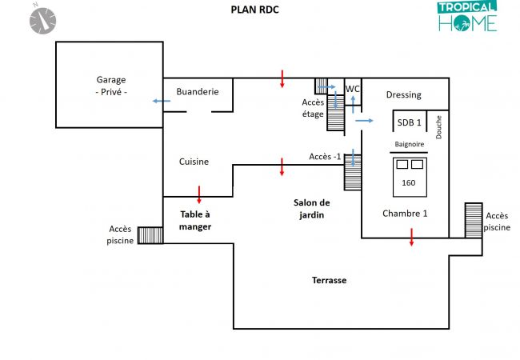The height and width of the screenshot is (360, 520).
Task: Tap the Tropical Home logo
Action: (x=467, y=17)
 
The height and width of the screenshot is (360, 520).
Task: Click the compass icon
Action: (x=42, y=19)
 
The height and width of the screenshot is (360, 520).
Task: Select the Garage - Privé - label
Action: (x=111, y=86)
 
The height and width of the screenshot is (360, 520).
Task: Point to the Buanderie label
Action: (x=198, y=92)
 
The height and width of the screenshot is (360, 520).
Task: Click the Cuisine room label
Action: (x=194, y=162)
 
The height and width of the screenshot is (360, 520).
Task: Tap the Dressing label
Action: (x=403, y=95)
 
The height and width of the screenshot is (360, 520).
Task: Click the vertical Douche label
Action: (x=439, y=127)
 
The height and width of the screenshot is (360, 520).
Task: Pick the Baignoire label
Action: (x=409, y=146)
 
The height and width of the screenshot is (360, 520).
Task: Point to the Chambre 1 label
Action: (x=405, y=213)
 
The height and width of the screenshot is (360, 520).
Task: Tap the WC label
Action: (x=352, y=88)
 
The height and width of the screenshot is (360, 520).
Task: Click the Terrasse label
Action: (x=329, y=280)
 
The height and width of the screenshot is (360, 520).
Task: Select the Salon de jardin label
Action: (x=311, y=209)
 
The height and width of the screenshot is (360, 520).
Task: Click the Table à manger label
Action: (x=195, y=220)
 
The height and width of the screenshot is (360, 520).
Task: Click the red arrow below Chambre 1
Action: (x=412, y=237)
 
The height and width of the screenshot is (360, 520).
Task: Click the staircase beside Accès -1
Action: (x=353, y=172)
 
